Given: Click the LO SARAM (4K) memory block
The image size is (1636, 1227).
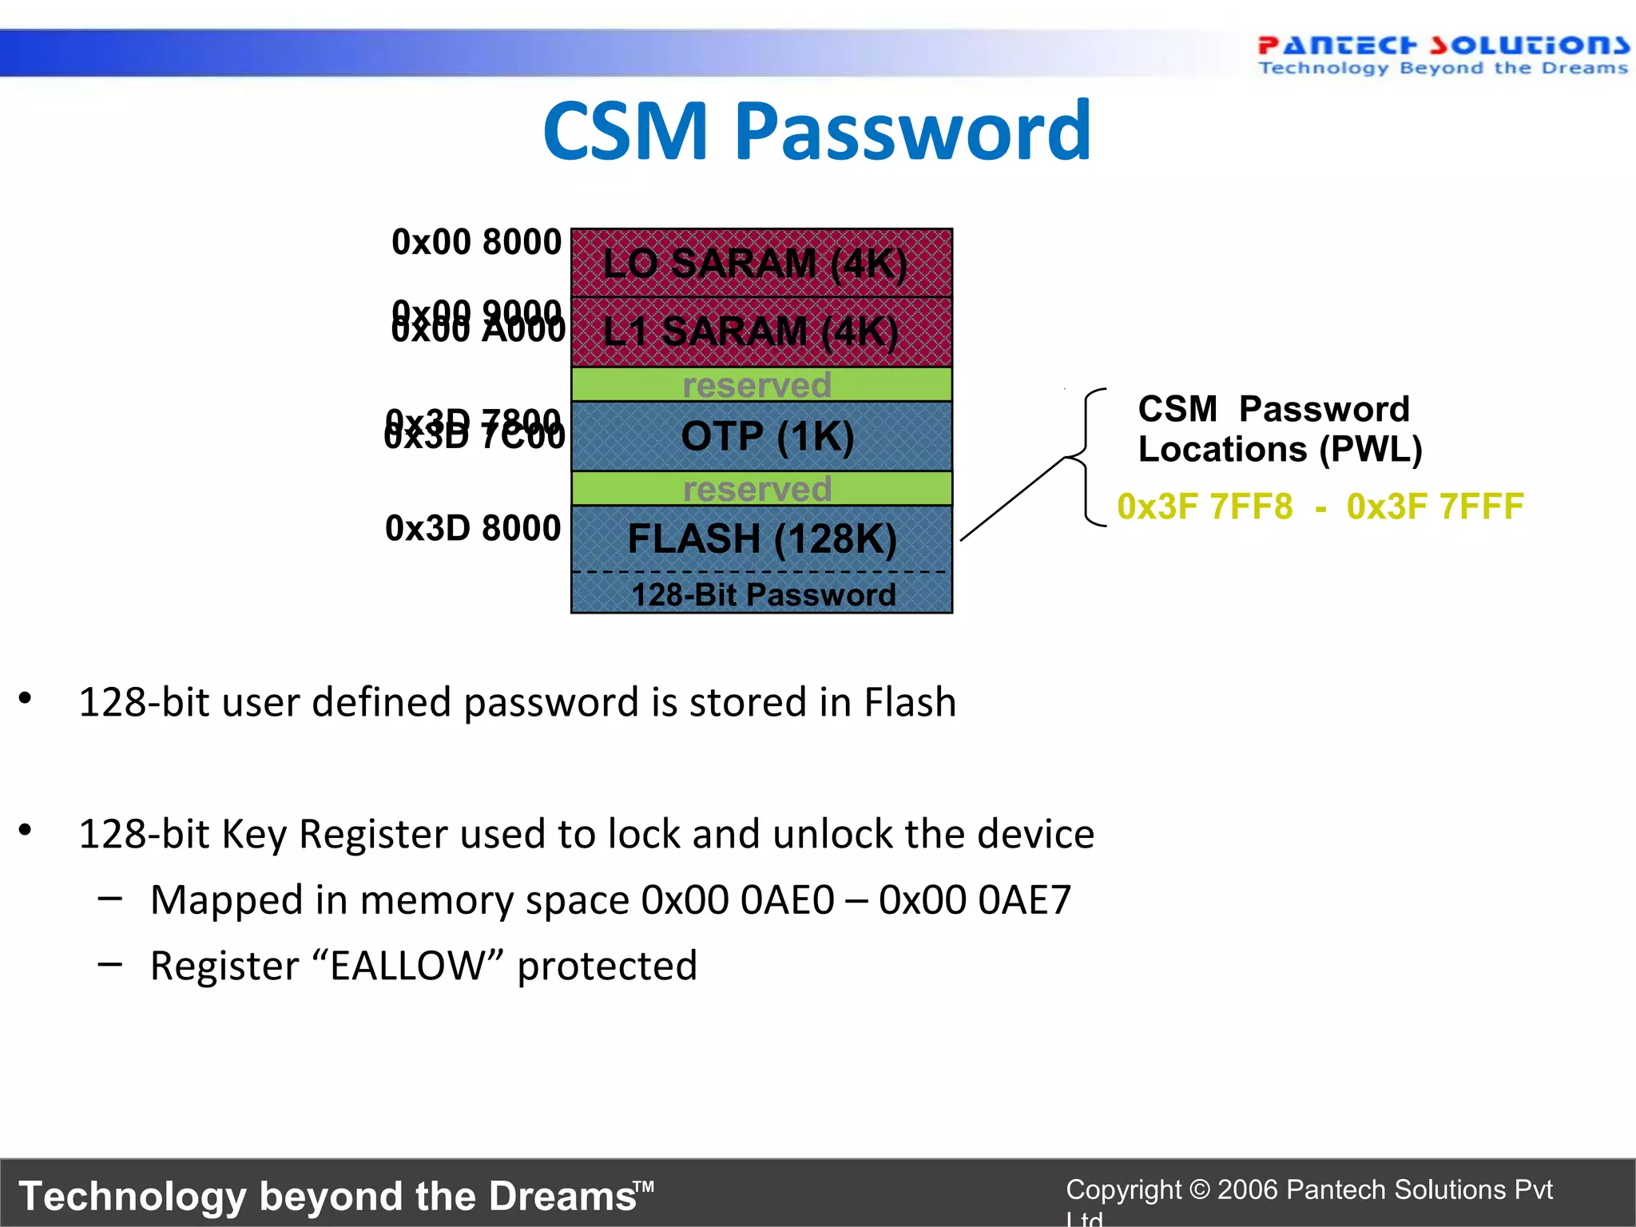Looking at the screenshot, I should click(761, 263).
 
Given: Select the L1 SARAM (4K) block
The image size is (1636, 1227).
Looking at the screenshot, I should click(761, 332).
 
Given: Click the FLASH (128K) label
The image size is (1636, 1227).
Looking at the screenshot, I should click(761, 538).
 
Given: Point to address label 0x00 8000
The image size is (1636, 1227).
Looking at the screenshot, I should click(476, 242).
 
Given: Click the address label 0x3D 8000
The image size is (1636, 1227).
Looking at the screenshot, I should click(473, 528).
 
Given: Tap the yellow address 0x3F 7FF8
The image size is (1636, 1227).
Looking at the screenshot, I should click(1205, 506).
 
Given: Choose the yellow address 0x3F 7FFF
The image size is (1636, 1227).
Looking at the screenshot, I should click(1435, 506).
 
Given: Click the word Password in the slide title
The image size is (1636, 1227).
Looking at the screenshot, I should click(912, 131).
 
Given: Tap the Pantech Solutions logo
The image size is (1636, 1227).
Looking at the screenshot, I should click(1443, 54).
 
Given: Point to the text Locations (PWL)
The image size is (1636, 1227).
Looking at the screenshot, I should click(1280, 449).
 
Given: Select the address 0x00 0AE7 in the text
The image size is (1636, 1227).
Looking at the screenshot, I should click(975, 899).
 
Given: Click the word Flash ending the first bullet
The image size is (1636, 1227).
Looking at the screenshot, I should click(910, 702).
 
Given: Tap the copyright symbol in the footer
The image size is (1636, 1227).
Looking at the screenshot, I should click(1199, 1189).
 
